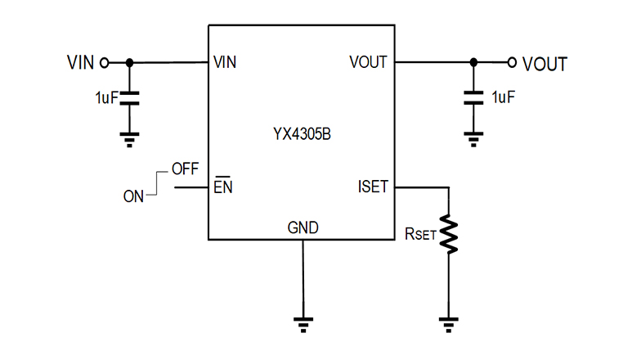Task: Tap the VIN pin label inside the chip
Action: (225, 62)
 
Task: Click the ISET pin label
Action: (372, 187)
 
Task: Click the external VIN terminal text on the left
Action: (80, 62)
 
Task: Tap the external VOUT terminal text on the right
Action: (545, 63)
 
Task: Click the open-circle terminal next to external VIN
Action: (104, 62)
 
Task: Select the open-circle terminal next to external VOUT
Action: (512, 62)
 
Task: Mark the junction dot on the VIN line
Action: (129, 62)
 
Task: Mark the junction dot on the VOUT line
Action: (473, 62)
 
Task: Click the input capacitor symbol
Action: (129, 98)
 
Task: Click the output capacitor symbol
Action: (473, 98)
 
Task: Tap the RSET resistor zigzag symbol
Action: (449, 234)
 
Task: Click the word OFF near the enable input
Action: (185, 171)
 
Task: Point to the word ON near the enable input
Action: (134, 196)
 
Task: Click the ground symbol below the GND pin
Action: (303, 324)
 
